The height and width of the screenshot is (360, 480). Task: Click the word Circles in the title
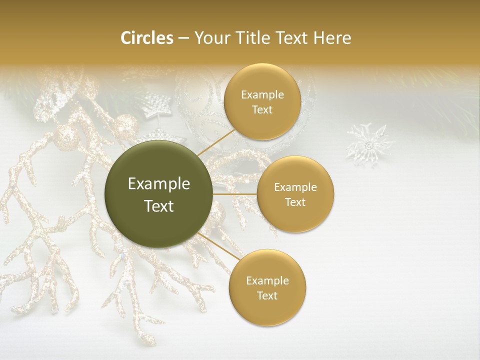point(146,38)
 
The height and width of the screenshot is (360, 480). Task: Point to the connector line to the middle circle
point(235,194)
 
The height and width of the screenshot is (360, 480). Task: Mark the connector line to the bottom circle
point(218,245)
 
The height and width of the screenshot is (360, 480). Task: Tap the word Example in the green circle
point(159,184)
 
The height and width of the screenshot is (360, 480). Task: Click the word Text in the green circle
point(159,206)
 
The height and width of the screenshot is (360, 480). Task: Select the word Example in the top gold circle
point(262,94)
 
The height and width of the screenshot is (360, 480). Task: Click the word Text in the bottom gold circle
point(267,295)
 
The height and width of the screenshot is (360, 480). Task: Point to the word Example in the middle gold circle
point(295,187)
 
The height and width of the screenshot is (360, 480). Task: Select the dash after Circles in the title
point(183,38)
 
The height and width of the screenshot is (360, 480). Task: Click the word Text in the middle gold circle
point(295,202)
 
